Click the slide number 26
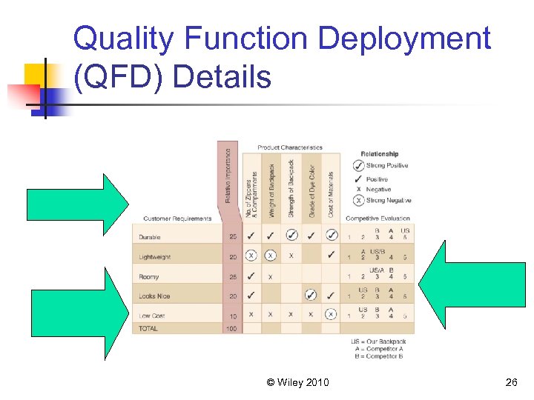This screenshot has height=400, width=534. point(510,382)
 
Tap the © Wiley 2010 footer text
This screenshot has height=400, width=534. point(298,382)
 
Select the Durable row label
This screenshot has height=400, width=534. point(150,237)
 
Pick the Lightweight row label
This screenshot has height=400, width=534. point(155,257)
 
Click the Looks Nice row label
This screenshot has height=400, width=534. point(154,296)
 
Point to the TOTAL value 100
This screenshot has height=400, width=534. point(232,328)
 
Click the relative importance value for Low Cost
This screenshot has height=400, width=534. point(233,316)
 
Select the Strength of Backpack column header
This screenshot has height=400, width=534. point(291,188)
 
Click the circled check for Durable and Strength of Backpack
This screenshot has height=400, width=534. point(291,236)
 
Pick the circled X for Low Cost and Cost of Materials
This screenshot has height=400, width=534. point(331,314)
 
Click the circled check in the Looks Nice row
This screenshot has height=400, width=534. point(311,295)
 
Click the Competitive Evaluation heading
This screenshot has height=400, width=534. point(378,219)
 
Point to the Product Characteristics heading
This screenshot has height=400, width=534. point(290,147)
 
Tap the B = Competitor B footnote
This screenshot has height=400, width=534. point(378,356)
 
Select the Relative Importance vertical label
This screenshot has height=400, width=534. point(228,178)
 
